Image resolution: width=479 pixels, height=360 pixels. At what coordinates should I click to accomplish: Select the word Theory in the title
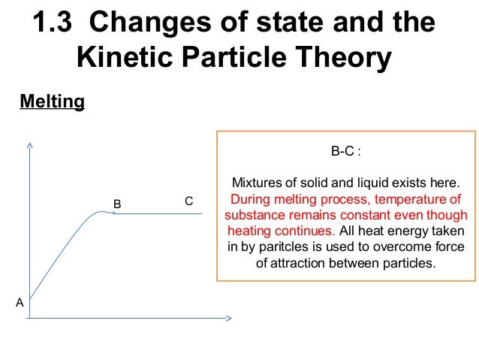(x=345, y=57)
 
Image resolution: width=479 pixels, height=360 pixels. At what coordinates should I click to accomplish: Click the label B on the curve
(x=117, y=204)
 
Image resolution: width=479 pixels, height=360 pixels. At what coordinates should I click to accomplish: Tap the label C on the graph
(x=188, y=201)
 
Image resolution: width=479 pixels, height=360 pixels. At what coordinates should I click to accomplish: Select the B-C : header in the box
(x=346, y=151)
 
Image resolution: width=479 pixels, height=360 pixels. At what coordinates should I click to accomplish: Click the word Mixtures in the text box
(x=257, y=183)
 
